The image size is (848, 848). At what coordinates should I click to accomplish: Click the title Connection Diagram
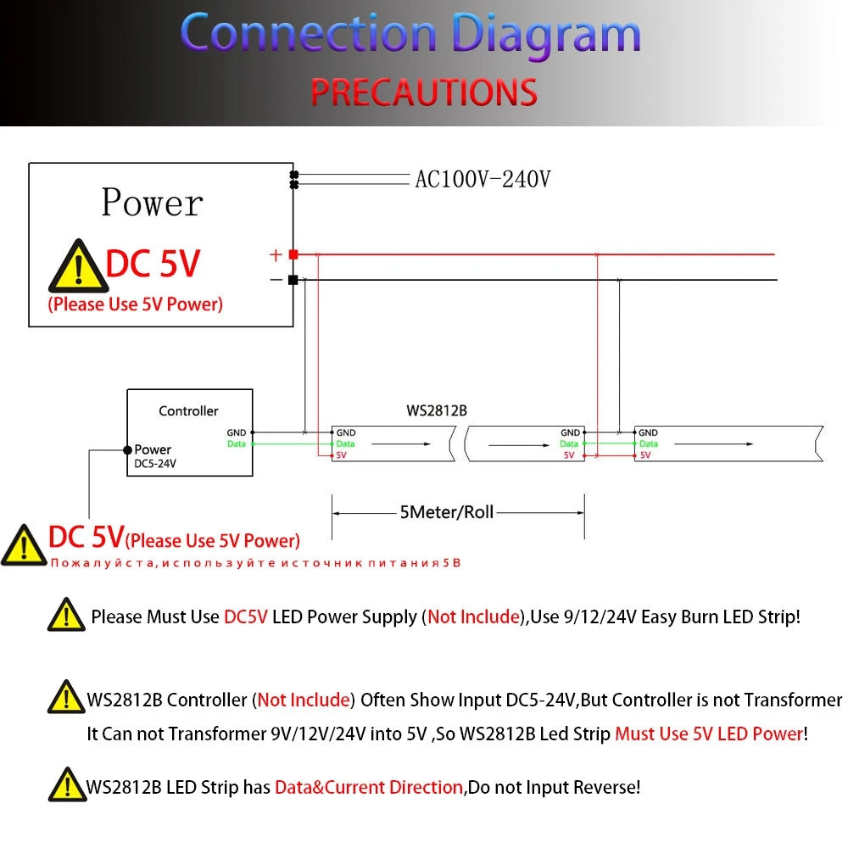pyautogui.click(x=410, y=34)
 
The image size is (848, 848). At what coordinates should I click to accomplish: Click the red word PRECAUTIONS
pyautogui.click(x=424, y=92)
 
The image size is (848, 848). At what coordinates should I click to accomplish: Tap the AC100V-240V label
pyautogui.click(x=483, y=179)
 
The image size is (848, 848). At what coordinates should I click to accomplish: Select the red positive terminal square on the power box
pyautogui.click(x=293, y=254)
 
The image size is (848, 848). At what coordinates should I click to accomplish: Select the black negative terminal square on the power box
pyautogui.click(x=293, y=280)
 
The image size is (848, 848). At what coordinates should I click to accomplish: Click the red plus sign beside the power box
pyautogui.click(x=276, y=254)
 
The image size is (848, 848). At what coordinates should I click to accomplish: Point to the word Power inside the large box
pyautogui.click(x=152, y=203)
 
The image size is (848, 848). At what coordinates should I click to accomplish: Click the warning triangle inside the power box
pyautogui.click(x=78, y=266)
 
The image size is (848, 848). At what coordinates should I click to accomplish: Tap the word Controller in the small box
pyautogui.click(x=188, y=411)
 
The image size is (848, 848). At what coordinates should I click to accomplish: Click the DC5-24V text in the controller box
pyautogui.click(x=155, y=464)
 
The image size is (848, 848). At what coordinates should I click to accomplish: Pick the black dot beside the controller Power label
pyautogui.click(x=128, y=450)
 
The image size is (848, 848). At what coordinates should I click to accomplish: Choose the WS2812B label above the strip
pyautogui.click(x=437, y=410)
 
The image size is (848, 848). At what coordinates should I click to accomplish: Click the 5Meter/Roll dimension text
pyautogui.click(x=447, y=511)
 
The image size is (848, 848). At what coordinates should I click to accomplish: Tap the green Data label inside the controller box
pyautogui.click(x=237, y=444)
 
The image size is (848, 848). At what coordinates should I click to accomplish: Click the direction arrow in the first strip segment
pyautogui.click(x=401, y=444)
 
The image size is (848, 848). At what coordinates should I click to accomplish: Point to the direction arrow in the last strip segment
pyautogui.click(x=714, y=444)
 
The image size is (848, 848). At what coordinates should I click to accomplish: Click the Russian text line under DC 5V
pyautogui.click(x=256, y=563)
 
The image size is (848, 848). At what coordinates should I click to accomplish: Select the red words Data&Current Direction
pyautogui.click(x=369, y=787)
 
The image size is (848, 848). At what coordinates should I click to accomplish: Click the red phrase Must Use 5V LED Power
pyautogui.click(x=709, y=734)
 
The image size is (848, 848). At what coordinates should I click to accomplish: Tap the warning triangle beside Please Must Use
pyautogui.click(x=66, y=615)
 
